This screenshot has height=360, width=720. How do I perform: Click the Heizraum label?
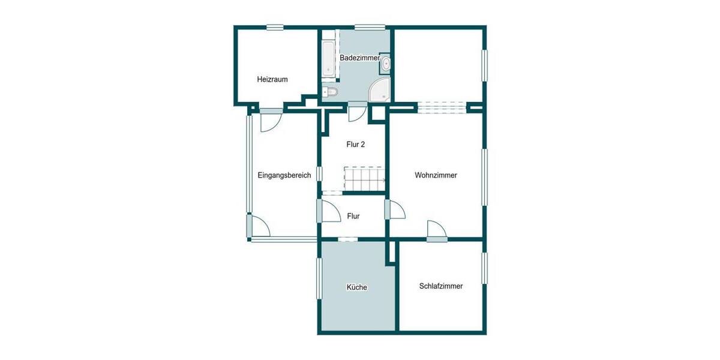tap(273, 79)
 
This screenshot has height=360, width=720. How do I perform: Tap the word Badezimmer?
tap(359, 58)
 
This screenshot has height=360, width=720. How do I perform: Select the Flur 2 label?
tap(356, 145)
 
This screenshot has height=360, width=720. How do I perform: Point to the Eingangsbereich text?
tap(284, 176)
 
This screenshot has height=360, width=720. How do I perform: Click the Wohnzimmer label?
tap(436, 176)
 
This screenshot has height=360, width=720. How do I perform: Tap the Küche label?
tap(356, 287)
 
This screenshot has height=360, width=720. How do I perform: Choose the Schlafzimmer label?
tap(441, 286)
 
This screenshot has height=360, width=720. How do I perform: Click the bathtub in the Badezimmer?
tap(328, 59)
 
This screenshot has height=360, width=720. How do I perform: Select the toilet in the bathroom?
tap(329, 92)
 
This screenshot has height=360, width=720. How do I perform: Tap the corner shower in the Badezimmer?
tap(380, 91)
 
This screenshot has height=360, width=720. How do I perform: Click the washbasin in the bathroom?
tap(386, 64)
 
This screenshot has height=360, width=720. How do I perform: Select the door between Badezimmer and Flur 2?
tap(358, 112)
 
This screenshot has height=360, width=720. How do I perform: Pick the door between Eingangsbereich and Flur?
tap(327, 211)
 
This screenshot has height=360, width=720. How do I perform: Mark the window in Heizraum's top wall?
tap(275, 27)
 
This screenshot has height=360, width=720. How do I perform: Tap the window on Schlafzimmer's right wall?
tap(485, 268)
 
